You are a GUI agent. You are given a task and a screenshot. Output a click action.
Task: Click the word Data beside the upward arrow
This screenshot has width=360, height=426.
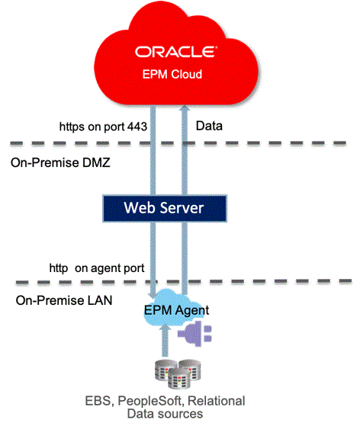click(x=211, y=123)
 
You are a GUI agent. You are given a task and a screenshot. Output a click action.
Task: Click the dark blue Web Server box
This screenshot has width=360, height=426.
click(x=165, y=207)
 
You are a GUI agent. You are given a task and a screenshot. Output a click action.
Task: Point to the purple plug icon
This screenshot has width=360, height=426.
click(x=201, y=330)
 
